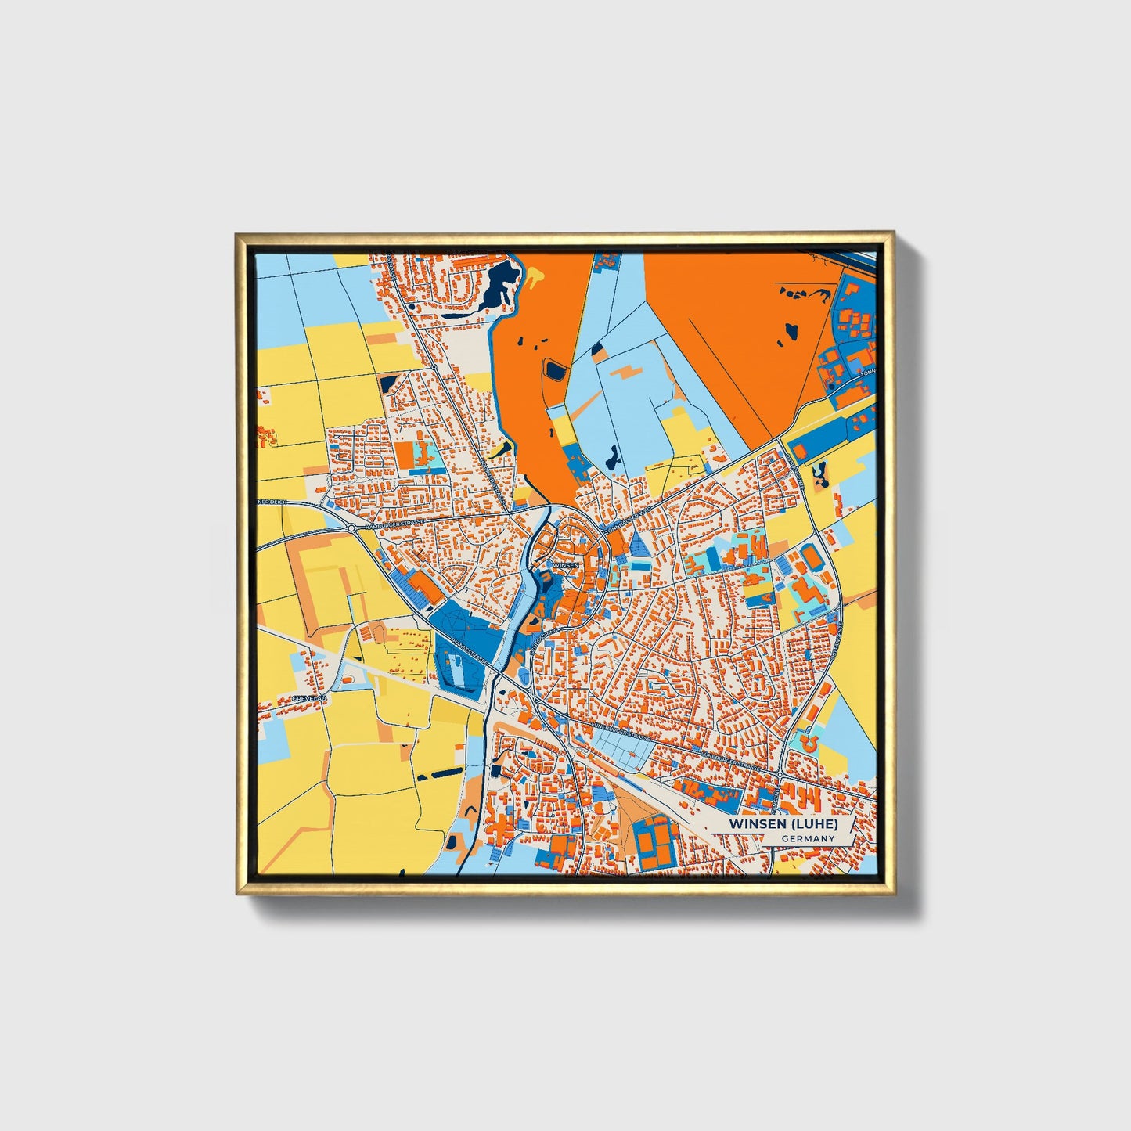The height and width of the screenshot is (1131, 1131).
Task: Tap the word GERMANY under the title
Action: tap(808, 838)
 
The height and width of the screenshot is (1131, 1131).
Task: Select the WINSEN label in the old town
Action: tap(565, 564)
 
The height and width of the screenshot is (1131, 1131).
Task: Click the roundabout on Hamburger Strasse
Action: tap(351, 530)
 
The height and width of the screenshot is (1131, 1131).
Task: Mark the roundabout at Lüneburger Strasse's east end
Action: tap(780, 774)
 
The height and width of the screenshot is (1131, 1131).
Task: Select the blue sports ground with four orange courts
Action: tap(655, 844)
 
